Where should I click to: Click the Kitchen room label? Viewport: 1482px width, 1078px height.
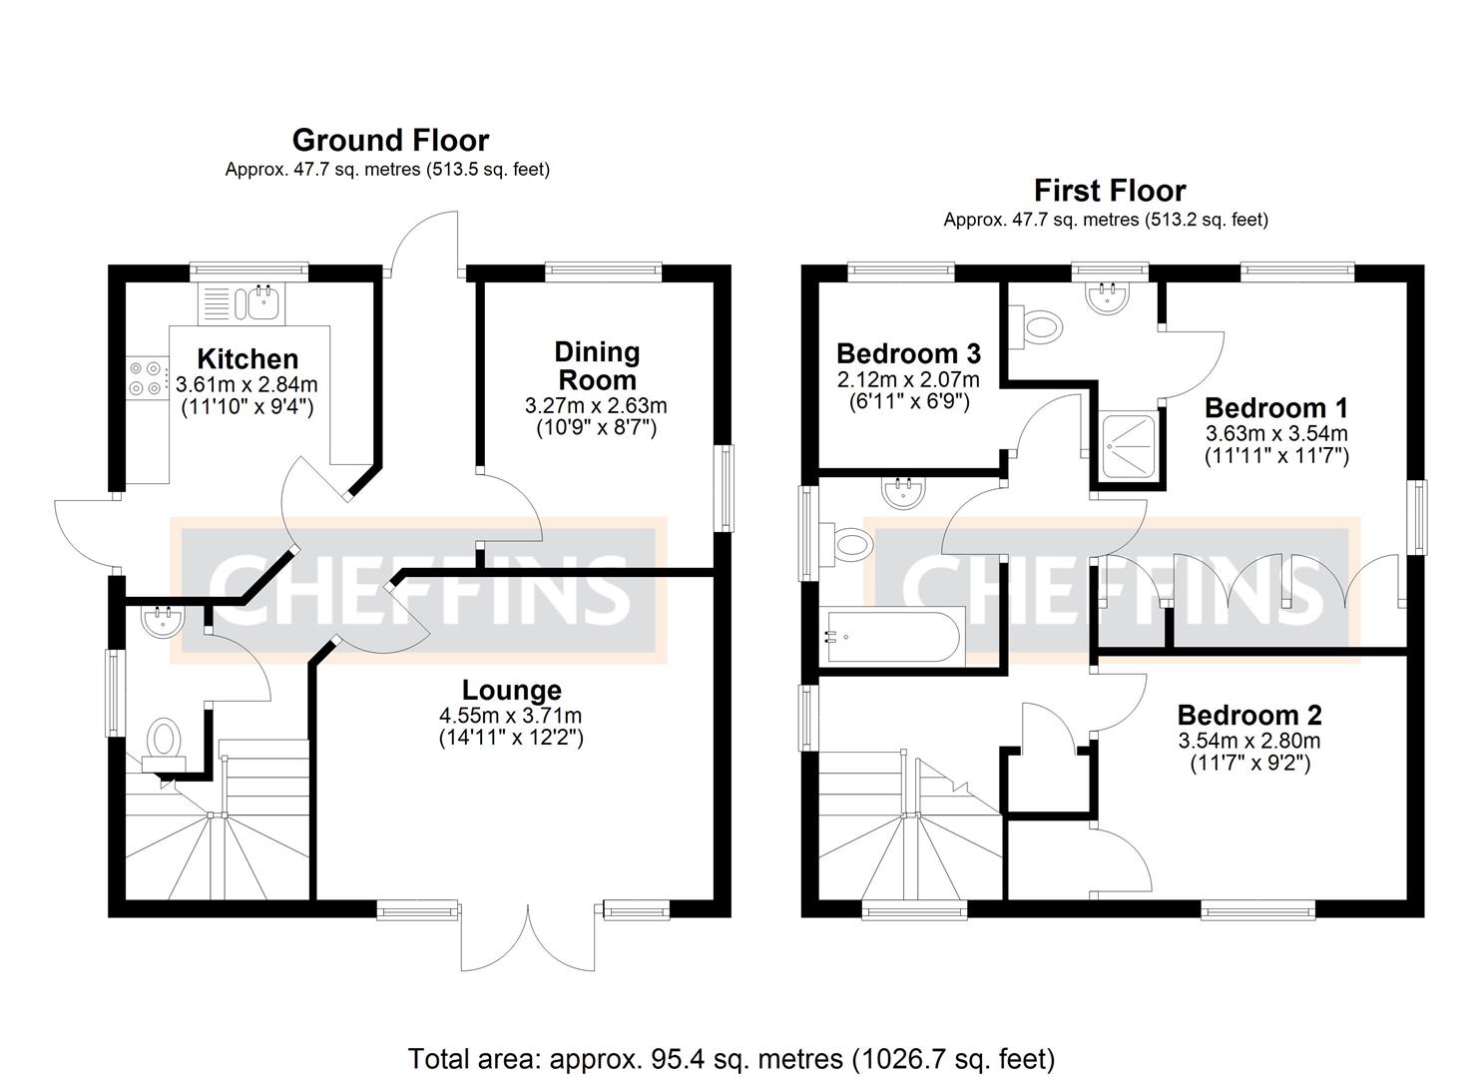[247, 358]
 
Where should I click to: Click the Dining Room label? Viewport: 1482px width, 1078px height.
[596, 365]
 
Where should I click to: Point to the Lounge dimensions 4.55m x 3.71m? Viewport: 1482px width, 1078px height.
[511, 716]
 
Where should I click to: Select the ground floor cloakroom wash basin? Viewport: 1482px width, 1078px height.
[162, 622]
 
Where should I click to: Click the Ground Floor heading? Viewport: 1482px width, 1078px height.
[390, 140]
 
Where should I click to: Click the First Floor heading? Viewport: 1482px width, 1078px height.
[1109, 190]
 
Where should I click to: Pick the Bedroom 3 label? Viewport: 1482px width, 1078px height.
[908, 353]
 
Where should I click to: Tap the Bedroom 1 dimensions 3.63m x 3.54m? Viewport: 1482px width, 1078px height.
[1276, 433]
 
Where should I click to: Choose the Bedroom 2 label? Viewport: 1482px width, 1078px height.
[1248, 715]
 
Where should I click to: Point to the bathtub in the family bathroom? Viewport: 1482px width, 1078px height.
[890, 636]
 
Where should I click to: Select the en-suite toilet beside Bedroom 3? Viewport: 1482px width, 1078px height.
[1037, 325]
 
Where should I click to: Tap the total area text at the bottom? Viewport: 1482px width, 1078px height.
[731, 1057]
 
